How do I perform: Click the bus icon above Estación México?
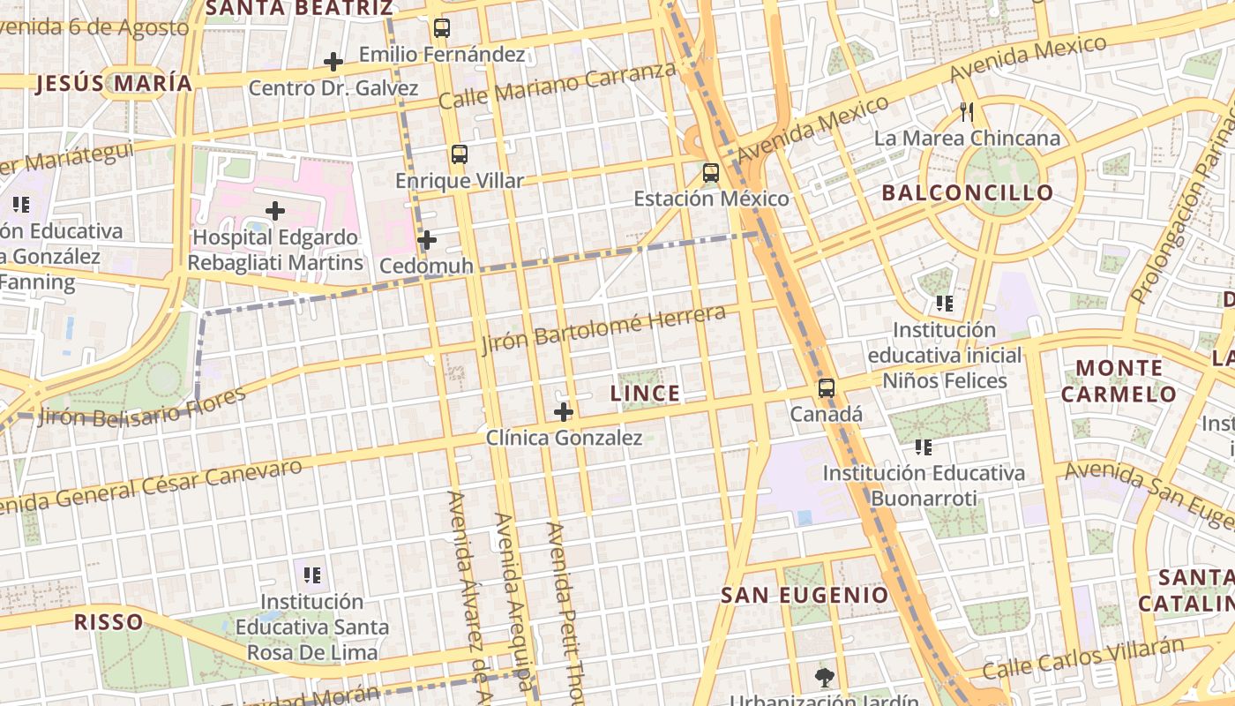click(x=711, y=173)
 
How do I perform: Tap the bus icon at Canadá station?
click(x=826, y=388)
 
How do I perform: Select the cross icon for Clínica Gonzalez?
click(x=564, y=412)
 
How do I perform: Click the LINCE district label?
click(x=646, y=394)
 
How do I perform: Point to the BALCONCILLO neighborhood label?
click(x=968, y=192)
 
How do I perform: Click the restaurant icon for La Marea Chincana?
click(x=967, y=112)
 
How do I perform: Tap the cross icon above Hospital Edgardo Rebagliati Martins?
click(x=275, y=211)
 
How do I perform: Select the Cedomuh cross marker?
click(x=427, y=240)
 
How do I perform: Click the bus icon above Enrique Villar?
click(x=459, y=154)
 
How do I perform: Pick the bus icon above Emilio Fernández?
click(x=442, y=28)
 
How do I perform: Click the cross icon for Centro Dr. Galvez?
click(x=333, y=62)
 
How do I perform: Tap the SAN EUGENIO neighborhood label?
click(x=805, y=595)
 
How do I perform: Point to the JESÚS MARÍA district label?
click(x=114, y=84)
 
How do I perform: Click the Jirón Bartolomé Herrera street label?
click(x=603, y=329)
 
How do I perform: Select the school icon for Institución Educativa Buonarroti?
click(x=924, y=447)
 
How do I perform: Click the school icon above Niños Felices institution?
click(x=945, y=304)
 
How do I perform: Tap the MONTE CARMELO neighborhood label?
click(x=1119, y=380)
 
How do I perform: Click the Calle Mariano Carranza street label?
click(x=557, y=86)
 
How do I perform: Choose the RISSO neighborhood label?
click(x=109, y=621)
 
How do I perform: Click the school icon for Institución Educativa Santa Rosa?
click(x=312, y=576)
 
